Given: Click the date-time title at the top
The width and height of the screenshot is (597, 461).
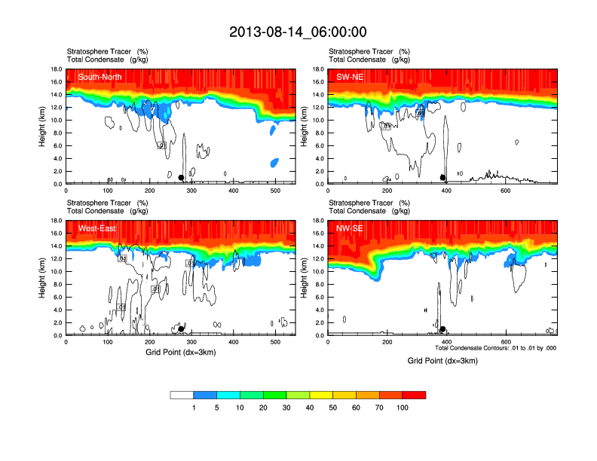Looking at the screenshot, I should pos(298,32).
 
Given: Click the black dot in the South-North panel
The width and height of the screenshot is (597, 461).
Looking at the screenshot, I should pos(181,178).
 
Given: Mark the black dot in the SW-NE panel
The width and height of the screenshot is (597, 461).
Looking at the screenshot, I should pos(443,178).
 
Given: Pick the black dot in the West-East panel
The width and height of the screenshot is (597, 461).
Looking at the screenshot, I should pos(181,329).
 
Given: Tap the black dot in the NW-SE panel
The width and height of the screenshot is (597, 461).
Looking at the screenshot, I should pos(443,329).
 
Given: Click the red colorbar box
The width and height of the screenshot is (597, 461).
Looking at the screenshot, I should pos(414,395).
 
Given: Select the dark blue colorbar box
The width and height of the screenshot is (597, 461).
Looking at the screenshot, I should pos(205,395).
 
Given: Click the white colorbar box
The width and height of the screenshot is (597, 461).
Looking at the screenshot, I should pos(182,395).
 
